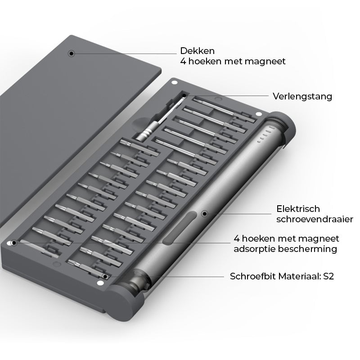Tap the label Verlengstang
tap(302, 96)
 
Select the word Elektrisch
tap(298, 209)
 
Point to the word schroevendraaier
tap(315, 219)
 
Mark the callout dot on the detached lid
tap(71, 53)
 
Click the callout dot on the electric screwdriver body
tap(204, 213)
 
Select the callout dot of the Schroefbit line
tap(105, 276)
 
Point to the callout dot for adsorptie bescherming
tap(14, 243)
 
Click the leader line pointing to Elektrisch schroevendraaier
tap(238, 213)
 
